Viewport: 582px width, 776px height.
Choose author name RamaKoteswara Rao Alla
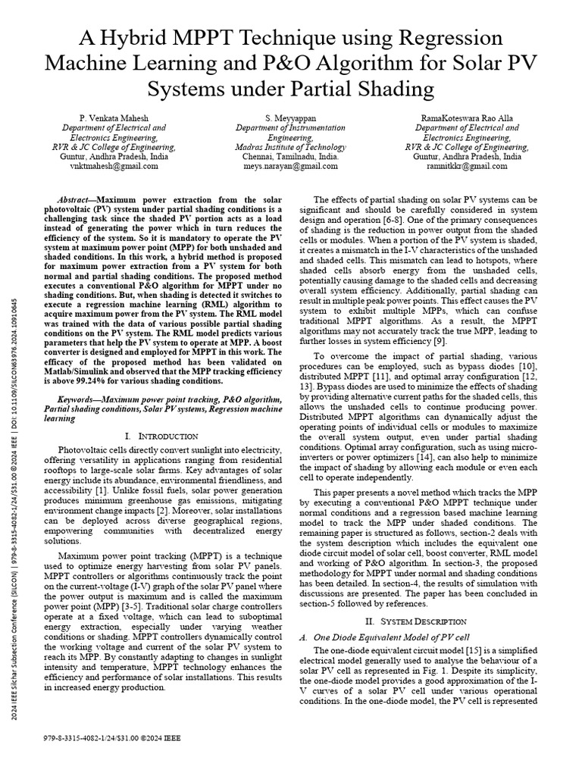pyautogui.click(x=471, y=118)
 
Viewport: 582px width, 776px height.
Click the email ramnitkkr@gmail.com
pyautogui.click(x=471, y=166)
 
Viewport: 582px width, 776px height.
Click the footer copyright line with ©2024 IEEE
pyautogui.click(x=113, y=737)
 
